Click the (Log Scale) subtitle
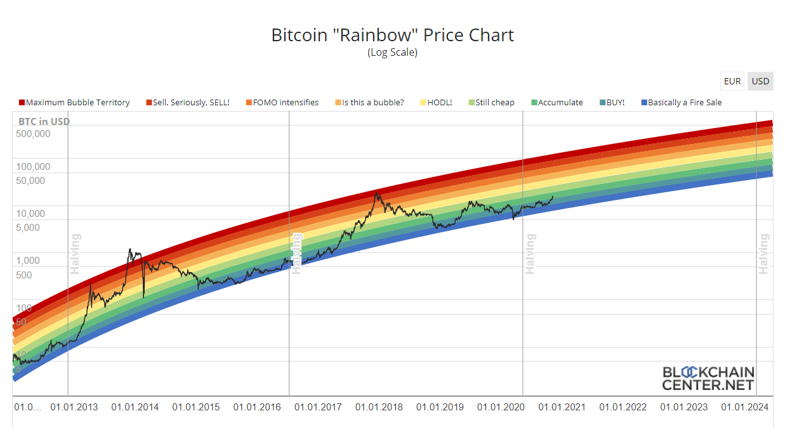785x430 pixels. click(392, 53)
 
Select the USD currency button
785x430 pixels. click(760, 81)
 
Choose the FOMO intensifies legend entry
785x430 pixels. click(285, 102)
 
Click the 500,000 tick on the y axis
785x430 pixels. click(33, 134)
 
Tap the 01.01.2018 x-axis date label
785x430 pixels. click(379, 407)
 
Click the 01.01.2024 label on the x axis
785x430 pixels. click(744, 407)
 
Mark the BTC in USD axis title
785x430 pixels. click(44, 121)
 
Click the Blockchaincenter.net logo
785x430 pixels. click(708, 378)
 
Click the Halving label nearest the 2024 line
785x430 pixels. click(763, 254)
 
